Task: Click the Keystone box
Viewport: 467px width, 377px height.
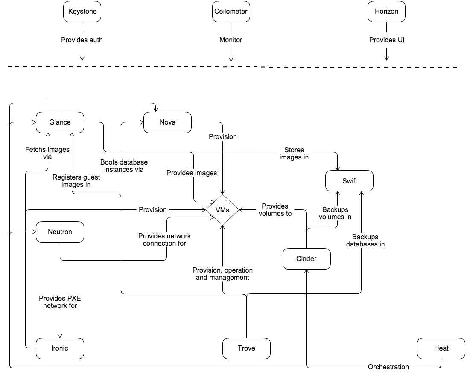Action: click(82, 12)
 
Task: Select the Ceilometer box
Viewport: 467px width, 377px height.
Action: click(231, 12)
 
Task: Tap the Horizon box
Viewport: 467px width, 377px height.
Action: click(386, 12)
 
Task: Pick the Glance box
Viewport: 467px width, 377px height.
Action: click(60, 122)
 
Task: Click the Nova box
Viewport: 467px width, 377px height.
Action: click(167, 122)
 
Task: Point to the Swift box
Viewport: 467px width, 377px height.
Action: click(349, 181)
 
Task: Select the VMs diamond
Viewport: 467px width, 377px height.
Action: click(222, 210)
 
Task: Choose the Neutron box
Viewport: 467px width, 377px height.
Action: click(60, 232)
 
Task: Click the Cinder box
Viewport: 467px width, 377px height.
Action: click(306, 258)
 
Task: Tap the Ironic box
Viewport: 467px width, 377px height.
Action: click(60, 348)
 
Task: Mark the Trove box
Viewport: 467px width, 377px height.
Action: click(246, 348)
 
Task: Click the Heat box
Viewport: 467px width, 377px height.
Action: click(441, 348)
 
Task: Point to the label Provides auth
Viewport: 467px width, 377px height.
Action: click(82, 40)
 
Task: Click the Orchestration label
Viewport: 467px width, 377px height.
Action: click(388, 367)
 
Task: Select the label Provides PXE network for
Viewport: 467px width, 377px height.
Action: click(60, 302)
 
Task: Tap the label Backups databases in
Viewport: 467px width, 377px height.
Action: click(365, 241)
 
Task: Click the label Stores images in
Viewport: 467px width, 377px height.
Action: click(294, 154)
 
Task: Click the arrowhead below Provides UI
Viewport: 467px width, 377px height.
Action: click(386, 58)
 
